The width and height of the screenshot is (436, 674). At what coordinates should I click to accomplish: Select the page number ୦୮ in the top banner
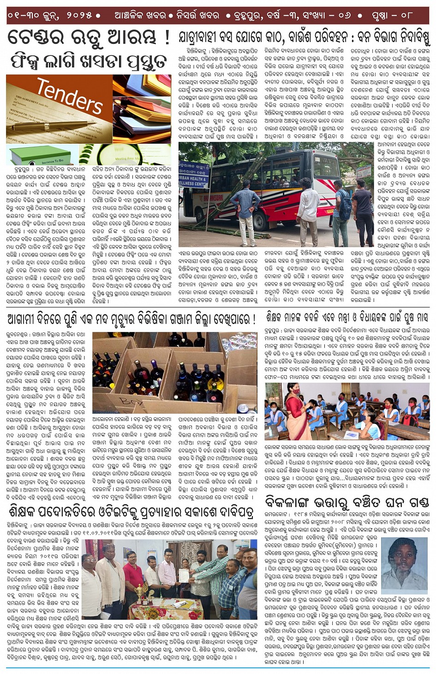point(406,15)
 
